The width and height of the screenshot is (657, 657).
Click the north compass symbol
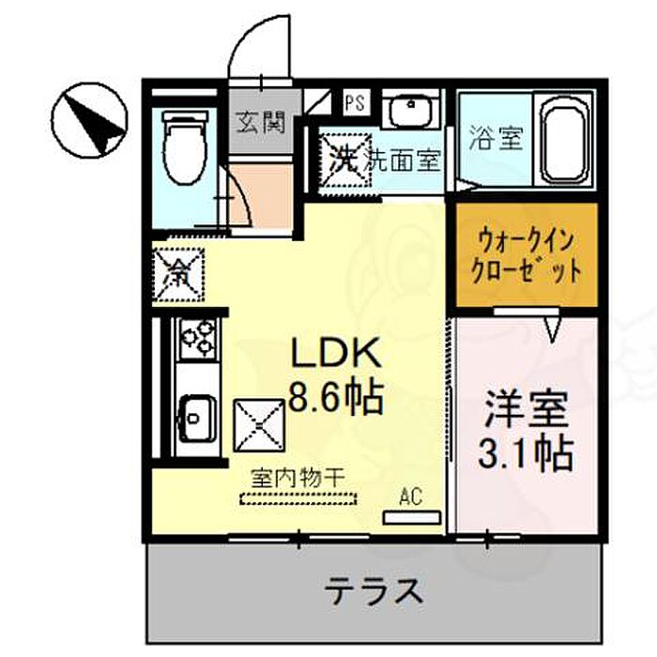(89, 123)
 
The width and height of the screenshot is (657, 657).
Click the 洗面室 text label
(403, 160)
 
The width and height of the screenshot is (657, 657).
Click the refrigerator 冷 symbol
(176, 272)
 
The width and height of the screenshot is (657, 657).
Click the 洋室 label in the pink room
(525, 412)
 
